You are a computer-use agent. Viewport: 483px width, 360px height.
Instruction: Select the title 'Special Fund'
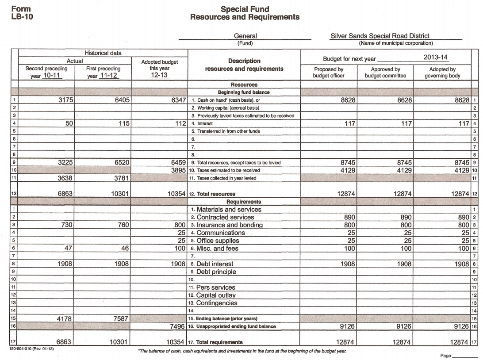click(245, 9)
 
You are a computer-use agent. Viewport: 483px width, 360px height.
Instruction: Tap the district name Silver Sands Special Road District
click(379, 36)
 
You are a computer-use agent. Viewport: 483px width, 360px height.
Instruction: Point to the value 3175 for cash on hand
click(67, 100)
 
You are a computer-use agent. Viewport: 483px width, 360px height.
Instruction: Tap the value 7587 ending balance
click(121, 318)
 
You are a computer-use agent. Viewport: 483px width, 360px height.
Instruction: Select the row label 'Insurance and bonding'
click(229, 225)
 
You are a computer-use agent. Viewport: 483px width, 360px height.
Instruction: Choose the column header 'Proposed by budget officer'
click(329, 73)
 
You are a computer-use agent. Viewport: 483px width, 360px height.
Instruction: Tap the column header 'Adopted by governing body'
click(442, 73)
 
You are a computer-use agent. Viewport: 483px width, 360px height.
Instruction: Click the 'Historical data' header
click(103, 53)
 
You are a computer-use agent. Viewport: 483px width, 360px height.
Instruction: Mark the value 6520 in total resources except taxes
click(121, 163)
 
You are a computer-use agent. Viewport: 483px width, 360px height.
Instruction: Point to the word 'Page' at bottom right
click(446, 356)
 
